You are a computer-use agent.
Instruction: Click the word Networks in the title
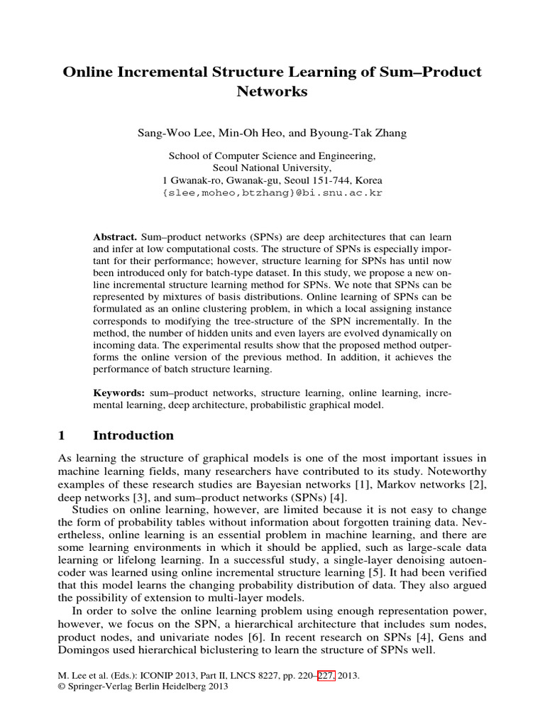(x=272, y=92)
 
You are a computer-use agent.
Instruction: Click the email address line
(x=272, y=192)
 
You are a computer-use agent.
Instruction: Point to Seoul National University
(x=272, y=168)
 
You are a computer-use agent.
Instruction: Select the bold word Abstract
(x=115, y=236)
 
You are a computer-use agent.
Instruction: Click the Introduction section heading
(x=133, y=435)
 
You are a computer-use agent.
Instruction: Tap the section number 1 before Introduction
(x=62, y=435)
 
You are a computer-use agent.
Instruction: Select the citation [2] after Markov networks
(x=479, y=485)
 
